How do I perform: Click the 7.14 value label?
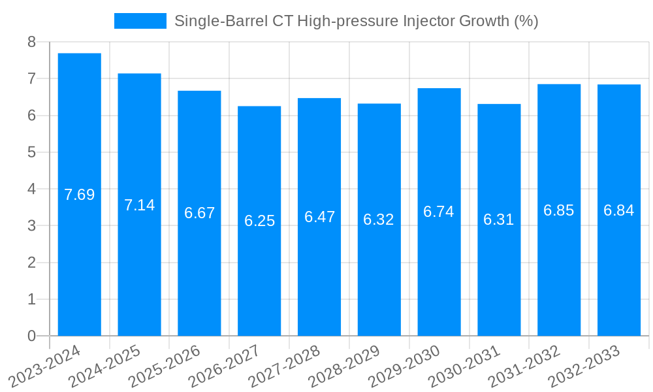[140, 205]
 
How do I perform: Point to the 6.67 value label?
[199, 213]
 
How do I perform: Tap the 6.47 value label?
[319, 217]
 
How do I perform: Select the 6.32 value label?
[379, 220]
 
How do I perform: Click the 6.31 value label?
[499, 220]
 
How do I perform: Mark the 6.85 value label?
[559, 210]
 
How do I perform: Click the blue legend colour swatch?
[140, 21]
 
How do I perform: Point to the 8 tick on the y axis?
[31, 42]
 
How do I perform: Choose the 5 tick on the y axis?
[31, 152]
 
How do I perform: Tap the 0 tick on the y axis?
[31, 336]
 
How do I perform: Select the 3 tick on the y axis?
[31, 226]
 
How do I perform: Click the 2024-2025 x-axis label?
[104, 366]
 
